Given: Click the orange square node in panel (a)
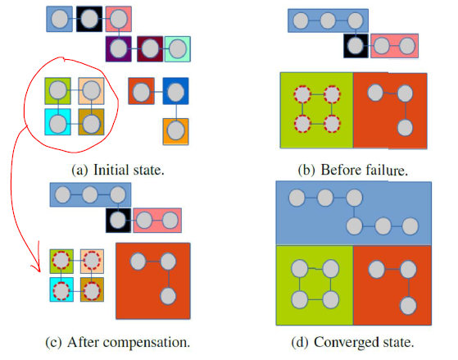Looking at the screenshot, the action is point(175,131).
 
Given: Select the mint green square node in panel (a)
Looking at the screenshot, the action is point(178,49).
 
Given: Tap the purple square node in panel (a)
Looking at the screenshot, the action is point(118,49).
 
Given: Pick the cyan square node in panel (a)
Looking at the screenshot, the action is point(58,122).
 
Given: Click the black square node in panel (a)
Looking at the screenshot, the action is point(89,19).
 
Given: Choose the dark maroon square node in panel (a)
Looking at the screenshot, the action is point(150,49).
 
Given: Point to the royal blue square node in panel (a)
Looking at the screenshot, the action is point(175,91).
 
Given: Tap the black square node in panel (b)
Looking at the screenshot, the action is point(356,46).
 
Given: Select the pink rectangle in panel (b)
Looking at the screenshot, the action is point(394,46).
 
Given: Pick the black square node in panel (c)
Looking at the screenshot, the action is point(118,221).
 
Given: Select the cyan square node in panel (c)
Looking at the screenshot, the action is point(61,289).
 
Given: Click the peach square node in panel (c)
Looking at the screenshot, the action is point(92,261).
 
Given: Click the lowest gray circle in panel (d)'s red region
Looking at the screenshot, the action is point(408,306).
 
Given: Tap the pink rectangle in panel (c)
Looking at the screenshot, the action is point(157,221).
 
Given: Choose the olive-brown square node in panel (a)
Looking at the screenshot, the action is point(91,122).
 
